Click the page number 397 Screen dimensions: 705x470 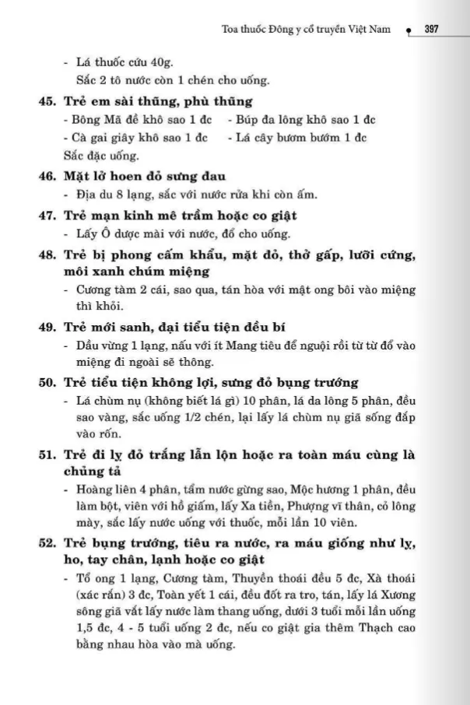click(433, 30)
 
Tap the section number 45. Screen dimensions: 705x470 click(47, 101)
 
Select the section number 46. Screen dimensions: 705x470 click(47, 177)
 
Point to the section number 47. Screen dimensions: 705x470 click(47, 215)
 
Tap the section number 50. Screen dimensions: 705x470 click(47, 382)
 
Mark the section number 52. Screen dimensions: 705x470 click(47, 544)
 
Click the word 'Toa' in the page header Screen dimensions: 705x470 click(231, 30)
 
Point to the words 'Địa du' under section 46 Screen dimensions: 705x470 click(91, 195)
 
